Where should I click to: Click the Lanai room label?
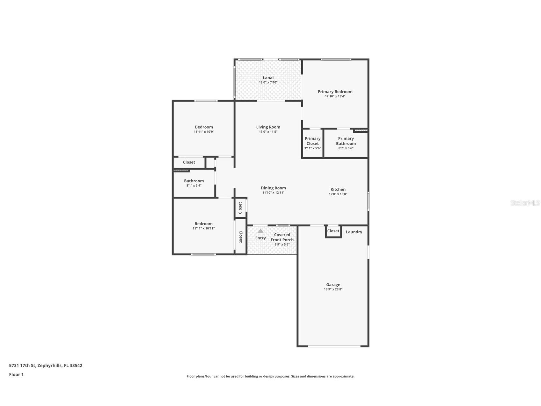click(268, 78)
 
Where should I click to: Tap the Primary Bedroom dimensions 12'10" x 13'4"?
click(335, 96)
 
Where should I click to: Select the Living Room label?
click(268, 127)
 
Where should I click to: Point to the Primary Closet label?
click(312, 141)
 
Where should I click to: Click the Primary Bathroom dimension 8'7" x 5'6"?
click(346, 148)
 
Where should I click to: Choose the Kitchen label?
click(338, 189)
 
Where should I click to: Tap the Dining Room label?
click(273, 188)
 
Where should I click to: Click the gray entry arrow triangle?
click(260, 231)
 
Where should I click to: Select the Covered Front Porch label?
click(282, 237)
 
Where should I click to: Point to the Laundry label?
click(354, 232)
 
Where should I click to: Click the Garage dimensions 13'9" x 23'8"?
click(333, 289)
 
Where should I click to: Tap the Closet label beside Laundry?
click(333, 231)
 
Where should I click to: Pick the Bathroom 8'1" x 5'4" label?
click(194, 183)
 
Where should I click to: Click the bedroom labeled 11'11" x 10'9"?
click(204, 129)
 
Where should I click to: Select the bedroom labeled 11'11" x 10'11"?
click(203, 226)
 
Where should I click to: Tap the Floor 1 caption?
click(16, 374)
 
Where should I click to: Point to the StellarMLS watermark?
click(525, 203)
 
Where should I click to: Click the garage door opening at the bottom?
click(334, 346)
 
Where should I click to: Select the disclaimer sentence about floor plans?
click(270, 376)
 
